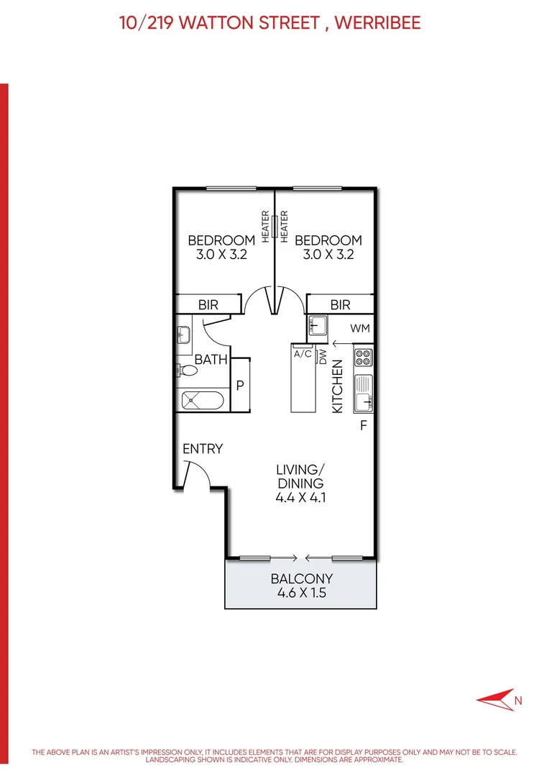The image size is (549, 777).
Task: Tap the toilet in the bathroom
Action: (x=188, y=371)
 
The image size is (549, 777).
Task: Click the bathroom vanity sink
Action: (x=183, y=335)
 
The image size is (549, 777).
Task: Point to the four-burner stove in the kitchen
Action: (x=363, y=356)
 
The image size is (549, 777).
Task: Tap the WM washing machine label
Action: (x=360, y=328)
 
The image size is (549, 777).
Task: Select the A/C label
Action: (x=303, y=353)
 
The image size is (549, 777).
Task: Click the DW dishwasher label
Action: (x=323, y=356)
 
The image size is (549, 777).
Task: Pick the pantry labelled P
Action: (x=240, y=386)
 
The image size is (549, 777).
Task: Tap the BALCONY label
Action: (x=302, y=579)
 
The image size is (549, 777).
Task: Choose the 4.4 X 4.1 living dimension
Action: (x=301, y=497)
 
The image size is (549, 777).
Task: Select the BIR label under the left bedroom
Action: (x=208, y=305)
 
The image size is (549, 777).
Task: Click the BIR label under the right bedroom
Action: (x=341, y=305)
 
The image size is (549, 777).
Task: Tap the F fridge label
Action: (x=364, y=425)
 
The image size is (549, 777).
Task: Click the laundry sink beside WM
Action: (x=317, y=327)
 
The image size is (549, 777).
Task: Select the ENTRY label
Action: (x=203, y=449)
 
